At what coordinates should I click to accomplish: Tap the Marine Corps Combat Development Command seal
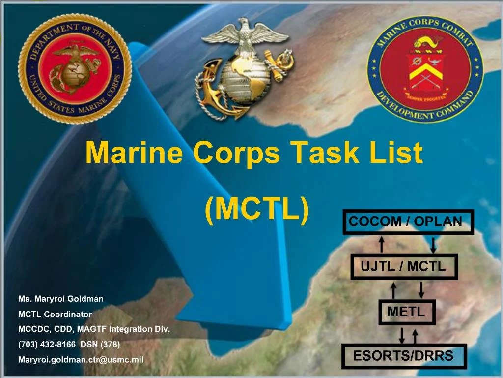[x=425, y=68]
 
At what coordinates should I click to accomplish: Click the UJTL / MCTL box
[x=403, y=267]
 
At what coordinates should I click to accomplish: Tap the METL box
[x=406, y=312]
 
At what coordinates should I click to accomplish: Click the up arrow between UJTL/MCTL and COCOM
[x=381, y=245]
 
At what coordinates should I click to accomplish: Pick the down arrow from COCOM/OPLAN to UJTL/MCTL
[x=433, y=245]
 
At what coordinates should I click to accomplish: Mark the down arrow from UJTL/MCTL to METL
[x=421, y=289]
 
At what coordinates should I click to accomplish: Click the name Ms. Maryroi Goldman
[x=60, y=299]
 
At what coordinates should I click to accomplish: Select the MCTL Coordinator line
[x=55, y=314]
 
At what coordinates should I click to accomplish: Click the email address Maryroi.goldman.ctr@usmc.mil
[x=81, y=360]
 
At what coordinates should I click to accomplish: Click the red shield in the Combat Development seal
[x=425, y=69]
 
